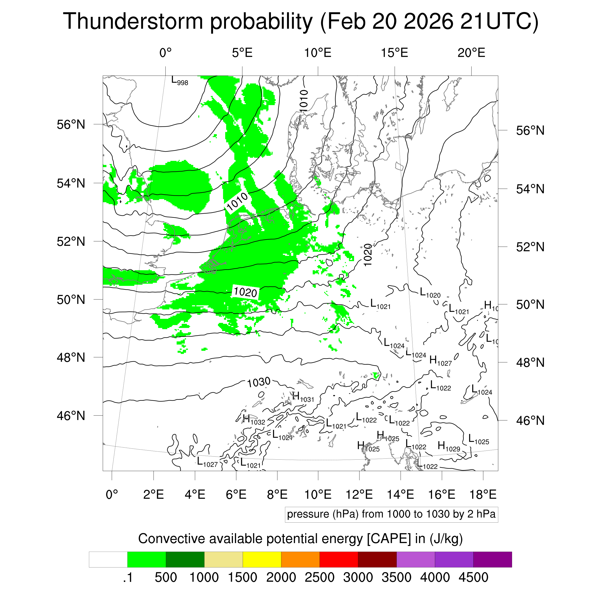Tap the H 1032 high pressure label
[x=254, y=420]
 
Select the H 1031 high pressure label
[x=303, y=397]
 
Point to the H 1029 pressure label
[x=449, y=447]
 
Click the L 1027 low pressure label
[x=207, y=462]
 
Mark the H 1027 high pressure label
[x=440, y=361]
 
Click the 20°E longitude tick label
[x=471, y=53]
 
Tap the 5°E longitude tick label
[x=242, y=53]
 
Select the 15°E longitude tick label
[x=394, y=53]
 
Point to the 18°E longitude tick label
[x=483, y=494]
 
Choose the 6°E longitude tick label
[x=236, y=494]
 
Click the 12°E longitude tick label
[x=359, y=494]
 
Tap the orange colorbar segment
[x=300, y=560]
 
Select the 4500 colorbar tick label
[x=473, y=577]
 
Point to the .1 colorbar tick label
[x=128, y=577]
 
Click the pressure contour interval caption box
[x=391, y=514]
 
